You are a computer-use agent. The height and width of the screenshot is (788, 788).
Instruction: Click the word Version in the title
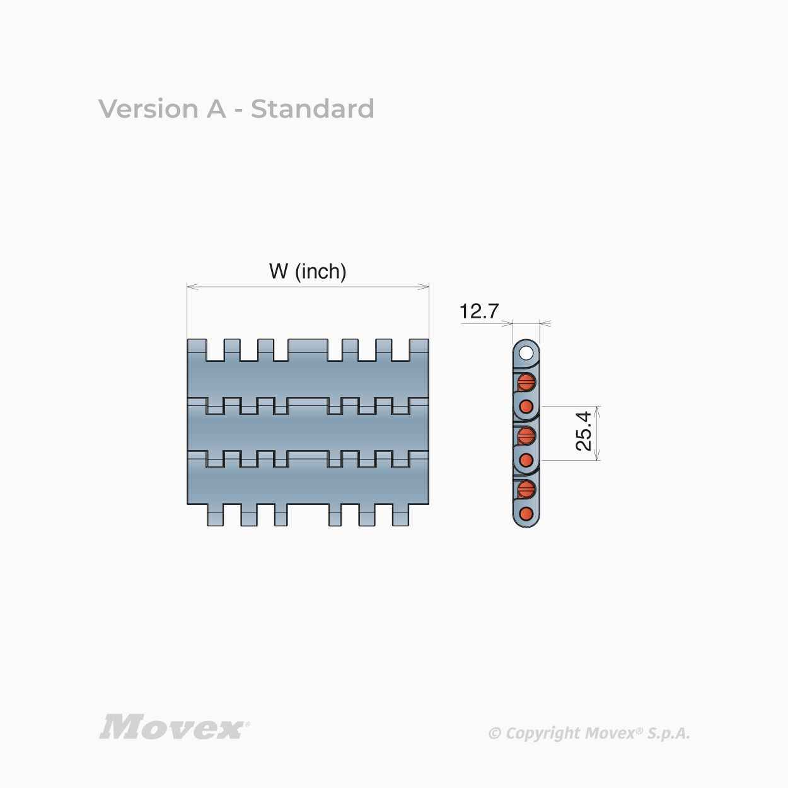pyautogui.click(x=148, y=109)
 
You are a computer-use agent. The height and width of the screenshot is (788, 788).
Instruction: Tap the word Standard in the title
pyautogui.click(x=313, y=109)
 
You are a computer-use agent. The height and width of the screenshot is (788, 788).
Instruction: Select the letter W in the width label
pyautogui.click(x=279, y=271)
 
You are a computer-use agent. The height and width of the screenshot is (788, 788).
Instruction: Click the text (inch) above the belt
pyautogui.click(x=321, y=272)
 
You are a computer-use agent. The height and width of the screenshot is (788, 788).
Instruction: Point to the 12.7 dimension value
pyautogui.click(x=479, y=311)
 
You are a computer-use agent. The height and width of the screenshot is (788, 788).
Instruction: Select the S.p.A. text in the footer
pyautogui.click(x=669, y=733)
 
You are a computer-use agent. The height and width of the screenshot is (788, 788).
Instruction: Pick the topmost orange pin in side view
pyautogui.click(x=526, y=383)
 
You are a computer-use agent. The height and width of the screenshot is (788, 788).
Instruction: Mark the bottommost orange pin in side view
pyautogui.click(x=526, y=514)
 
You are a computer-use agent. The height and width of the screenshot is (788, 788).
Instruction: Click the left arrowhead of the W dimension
pyautogui.click(x=193, y=287)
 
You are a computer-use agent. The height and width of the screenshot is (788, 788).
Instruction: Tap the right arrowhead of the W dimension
pyautogui.click(x=423, y=287)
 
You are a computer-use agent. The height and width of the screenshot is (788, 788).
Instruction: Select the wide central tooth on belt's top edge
pyautogui.click(x=308, y=350)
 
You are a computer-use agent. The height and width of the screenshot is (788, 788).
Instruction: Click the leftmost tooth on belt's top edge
pyautogui.click(x=197, y=350)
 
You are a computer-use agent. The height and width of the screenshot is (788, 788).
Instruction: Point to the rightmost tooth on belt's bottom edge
pyautogui.click(x=401, y=515)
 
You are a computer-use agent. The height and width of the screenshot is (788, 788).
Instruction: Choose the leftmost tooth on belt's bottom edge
pyautogui.click(x=216, y=515)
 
